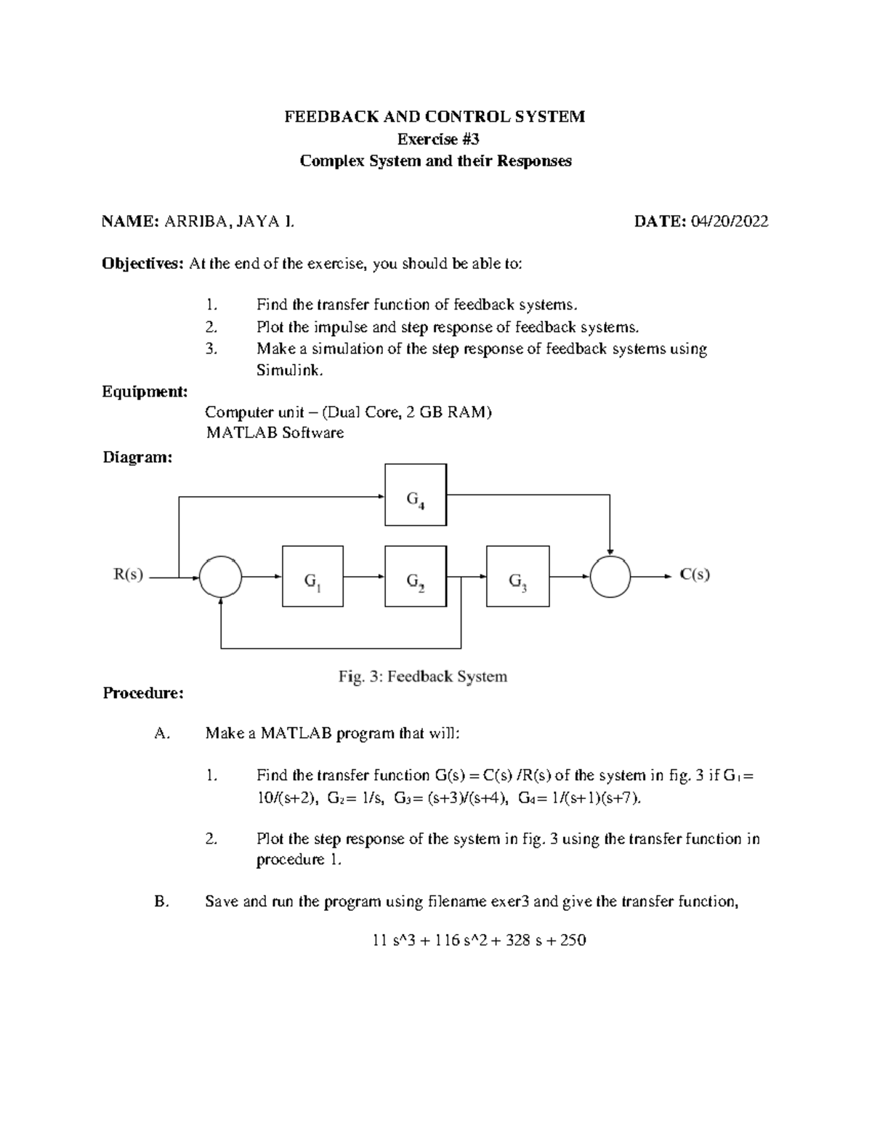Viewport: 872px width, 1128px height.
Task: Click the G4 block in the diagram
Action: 416,495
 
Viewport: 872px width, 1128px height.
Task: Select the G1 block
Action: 312,576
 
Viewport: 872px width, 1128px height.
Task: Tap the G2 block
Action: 416,576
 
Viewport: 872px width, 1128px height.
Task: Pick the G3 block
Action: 517,576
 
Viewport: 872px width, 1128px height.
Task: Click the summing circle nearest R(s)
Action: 221,577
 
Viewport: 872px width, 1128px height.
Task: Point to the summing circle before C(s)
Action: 610,577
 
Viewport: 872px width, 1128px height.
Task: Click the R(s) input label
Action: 129,575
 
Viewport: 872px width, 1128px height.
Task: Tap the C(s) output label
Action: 695,575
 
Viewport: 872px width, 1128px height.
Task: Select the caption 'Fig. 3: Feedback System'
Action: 422,676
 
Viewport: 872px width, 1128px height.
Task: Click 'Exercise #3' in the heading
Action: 436,139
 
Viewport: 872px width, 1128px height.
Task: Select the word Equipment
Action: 145,391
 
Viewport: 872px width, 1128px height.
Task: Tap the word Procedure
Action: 143,693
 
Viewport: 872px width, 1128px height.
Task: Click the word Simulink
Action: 288,370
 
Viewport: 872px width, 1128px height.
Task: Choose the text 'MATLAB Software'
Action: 275,433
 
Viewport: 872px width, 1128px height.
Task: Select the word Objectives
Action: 143,264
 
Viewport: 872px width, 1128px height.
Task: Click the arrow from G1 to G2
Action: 364,577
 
